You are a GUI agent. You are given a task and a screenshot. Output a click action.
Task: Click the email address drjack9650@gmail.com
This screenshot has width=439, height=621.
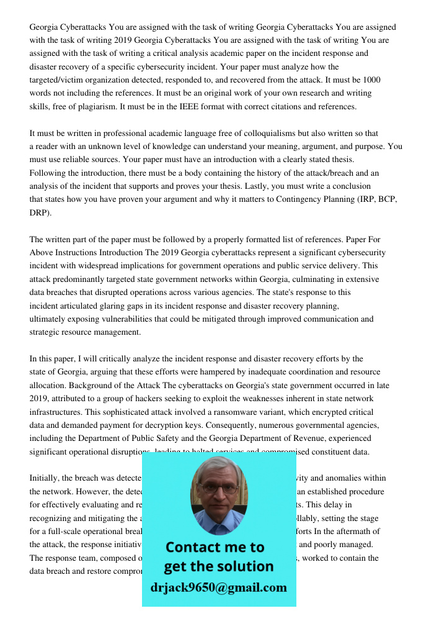[x=218, y=587]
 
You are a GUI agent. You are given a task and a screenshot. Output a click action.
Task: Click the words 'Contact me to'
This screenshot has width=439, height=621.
[x=215, y=547]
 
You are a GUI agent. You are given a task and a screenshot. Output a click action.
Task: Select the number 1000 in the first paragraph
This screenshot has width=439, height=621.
[x=371, y=80]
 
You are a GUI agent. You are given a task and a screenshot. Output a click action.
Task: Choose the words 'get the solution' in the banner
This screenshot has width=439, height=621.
[x=218, y=566]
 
